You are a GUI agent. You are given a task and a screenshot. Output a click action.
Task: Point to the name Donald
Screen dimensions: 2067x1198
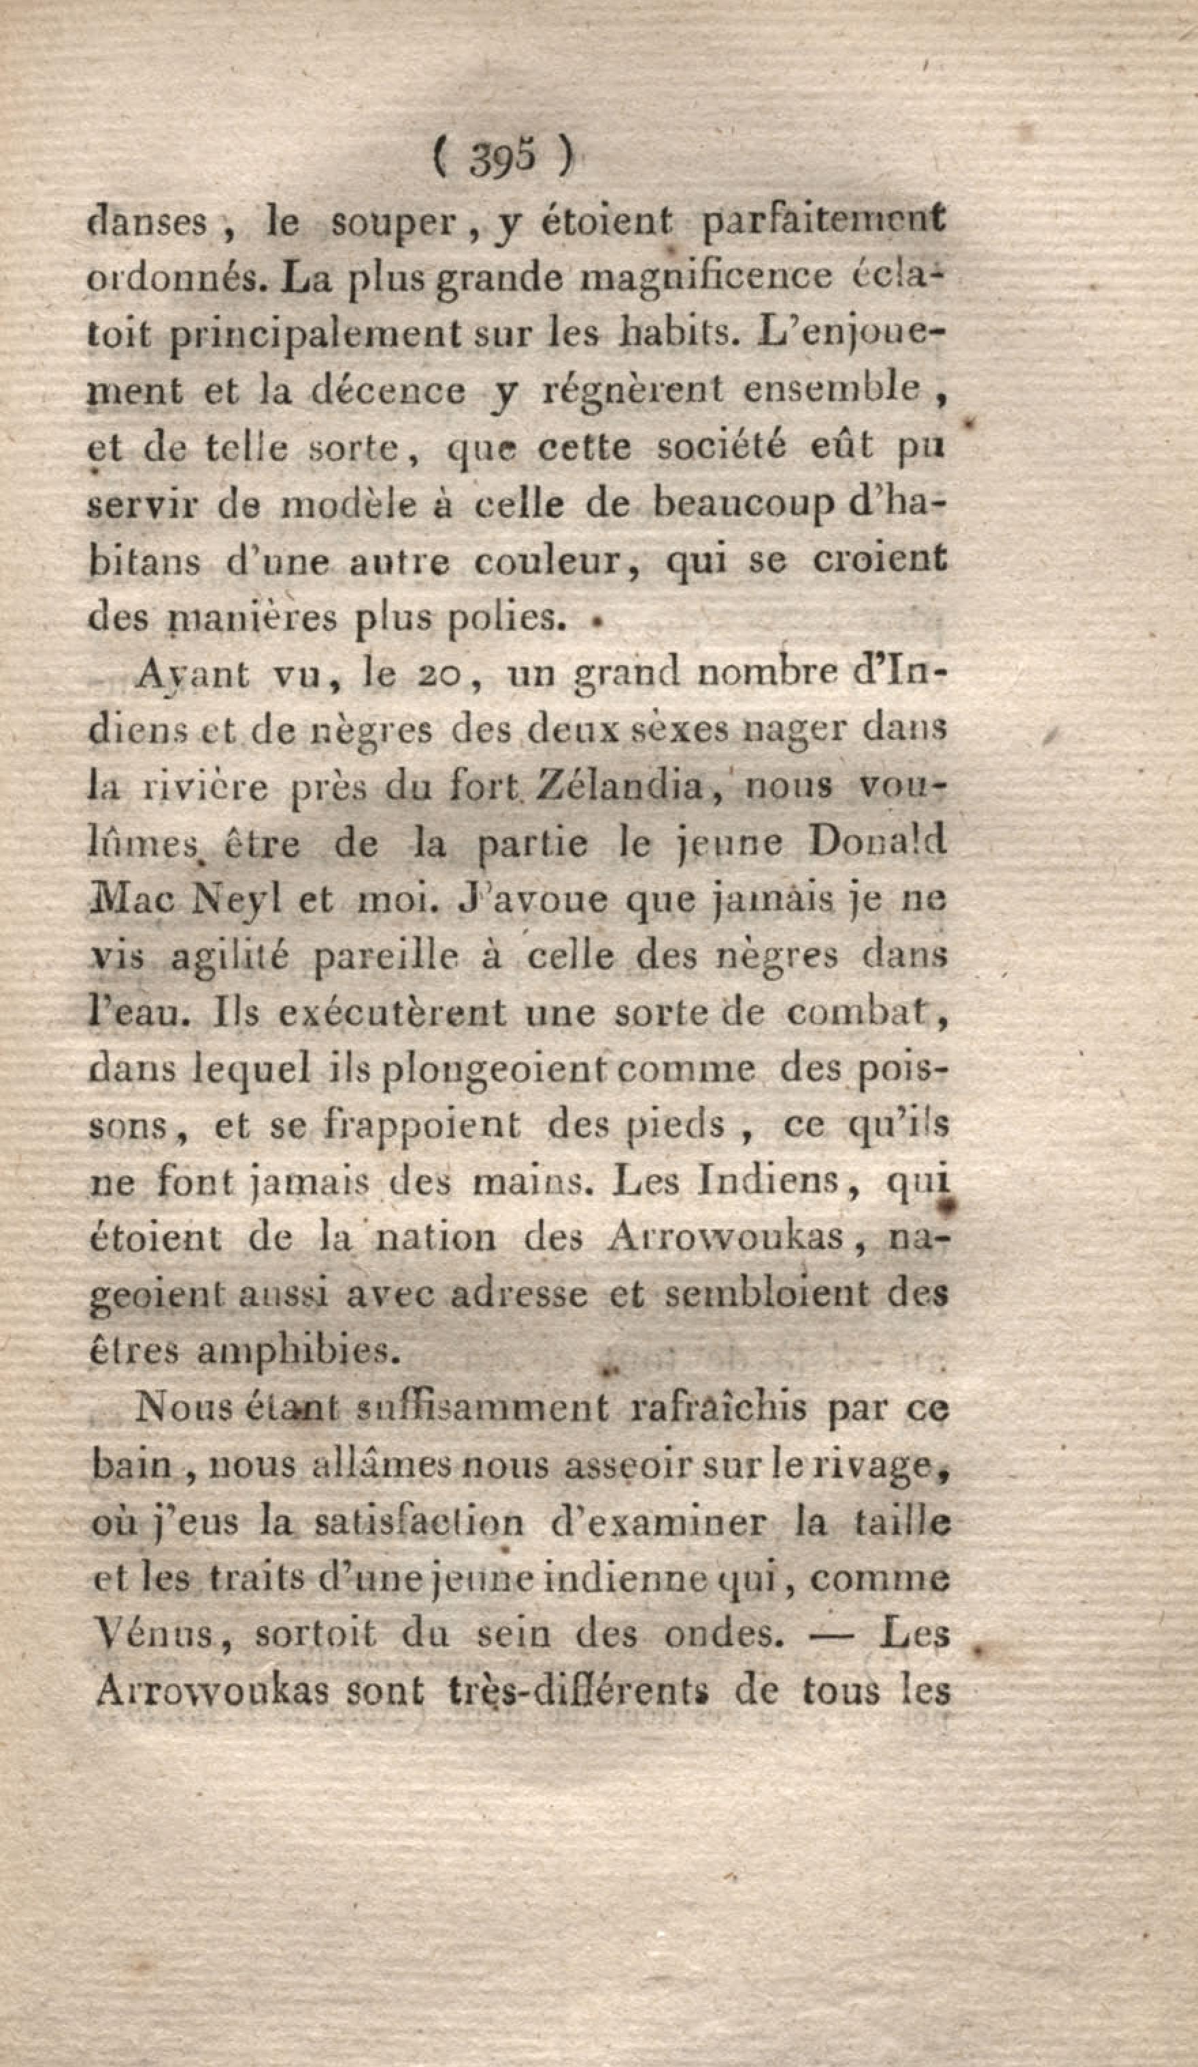click(877, 843)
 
